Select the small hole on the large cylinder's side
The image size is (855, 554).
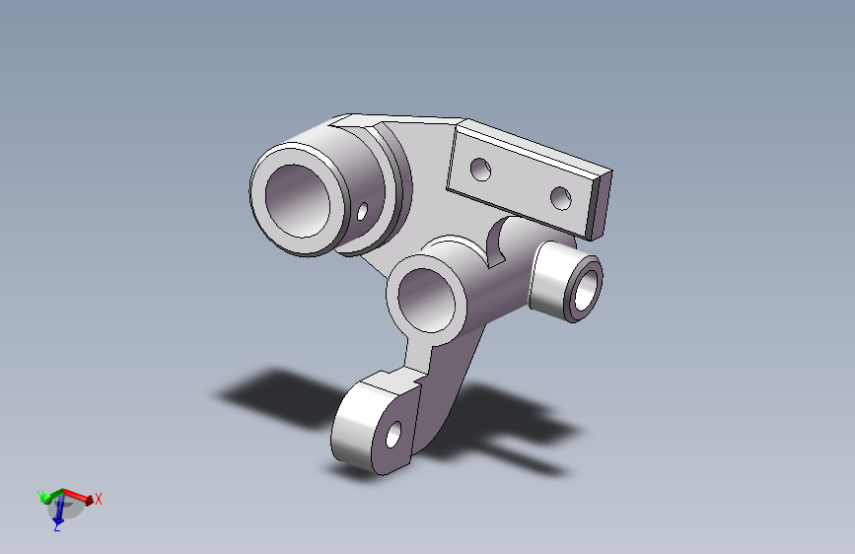pyautogui.click(x=363, y=211)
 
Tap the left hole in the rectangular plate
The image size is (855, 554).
pyautogui.click(x=481, y=169)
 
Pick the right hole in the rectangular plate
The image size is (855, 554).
pyautogui.click(x=561, y=198)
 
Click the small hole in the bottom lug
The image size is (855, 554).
pyautogui.click(x=394, y=434)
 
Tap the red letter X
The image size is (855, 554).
pyautogui.click(x=99, y=499)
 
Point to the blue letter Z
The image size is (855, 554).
pyautogui.click(x=57, y=528)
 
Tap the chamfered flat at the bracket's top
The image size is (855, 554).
pyautogui.click(x=354, y=121)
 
